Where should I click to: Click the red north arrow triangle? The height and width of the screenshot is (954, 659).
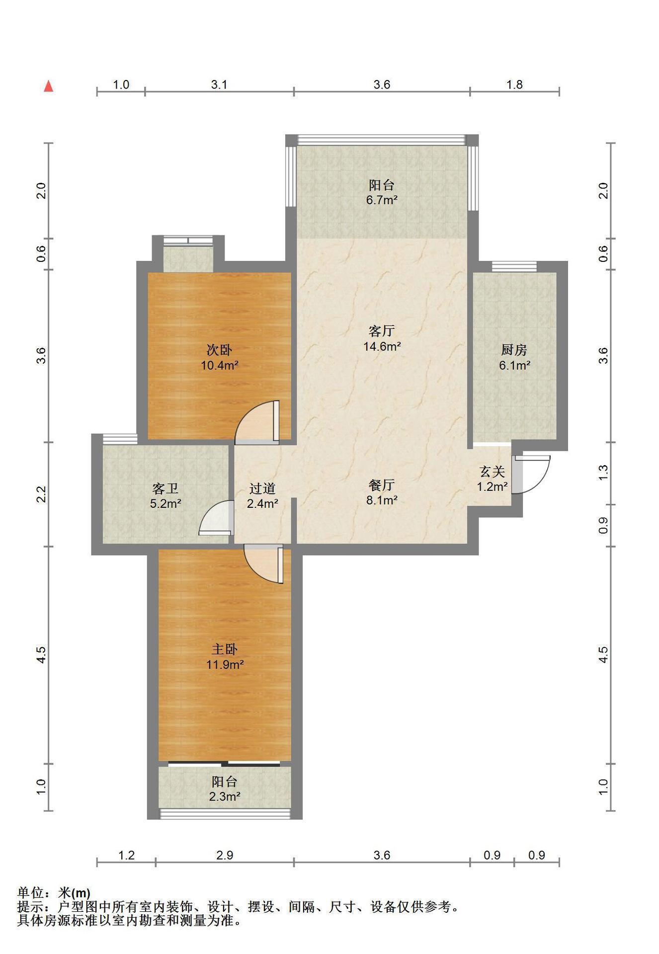49,86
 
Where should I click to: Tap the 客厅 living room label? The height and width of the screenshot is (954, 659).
382,330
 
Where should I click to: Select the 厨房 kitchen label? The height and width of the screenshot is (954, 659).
514,350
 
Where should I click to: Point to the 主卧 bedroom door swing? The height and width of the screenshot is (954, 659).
264,564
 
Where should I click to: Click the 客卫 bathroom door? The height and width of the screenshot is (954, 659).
216,518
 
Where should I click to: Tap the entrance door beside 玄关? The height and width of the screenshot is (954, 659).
531,474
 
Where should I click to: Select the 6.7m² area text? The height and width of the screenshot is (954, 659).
382,201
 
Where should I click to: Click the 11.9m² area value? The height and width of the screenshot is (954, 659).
225,664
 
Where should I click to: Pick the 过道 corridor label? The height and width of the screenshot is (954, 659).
262,489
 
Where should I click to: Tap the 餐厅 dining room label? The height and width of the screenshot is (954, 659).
382,485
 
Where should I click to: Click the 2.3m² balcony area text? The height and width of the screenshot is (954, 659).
225,796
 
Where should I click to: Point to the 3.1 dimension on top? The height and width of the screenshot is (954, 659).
219,84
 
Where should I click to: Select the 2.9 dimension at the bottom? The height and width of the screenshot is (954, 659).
225,855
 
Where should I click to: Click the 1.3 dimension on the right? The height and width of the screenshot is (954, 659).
603,473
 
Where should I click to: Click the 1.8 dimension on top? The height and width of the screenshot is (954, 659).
514,84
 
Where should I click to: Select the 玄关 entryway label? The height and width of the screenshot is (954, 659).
492,472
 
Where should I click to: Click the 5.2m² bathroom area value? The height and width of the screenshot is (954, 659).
165,504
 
